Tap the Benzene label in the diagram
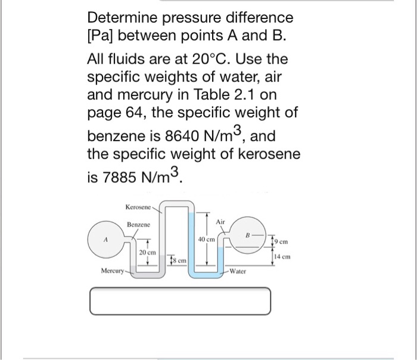[x=139, y=225]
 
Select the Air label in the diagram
[x=220, y=222]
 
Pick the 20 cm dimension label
[x=147, y=252]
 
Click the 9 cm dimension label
[x=282, y=241]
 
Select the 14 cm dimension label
[x=283, y=257]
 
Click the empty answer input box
[x=180, y=300]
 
